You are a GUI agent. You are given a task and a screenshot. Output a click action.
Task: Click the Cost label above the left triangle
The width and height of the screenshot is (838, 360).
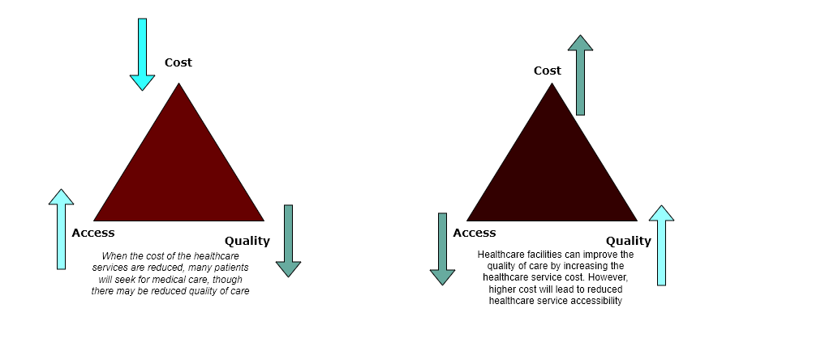coord(178,62)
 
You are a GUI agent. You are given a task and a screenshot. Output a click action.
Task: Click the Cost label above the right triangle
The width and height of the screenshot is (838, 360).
coord(548,71)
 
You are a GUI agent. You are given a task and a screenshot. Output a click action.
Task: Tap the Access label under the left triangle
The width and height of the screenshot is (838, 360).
coord(93,233)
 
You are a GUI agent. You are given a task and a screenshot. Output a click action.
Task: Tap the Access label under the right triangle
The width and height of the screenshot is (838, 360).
coord(475,233)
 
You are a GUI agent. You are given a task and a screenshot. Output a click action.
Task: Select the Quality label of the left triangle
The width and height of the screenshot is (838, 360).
coord(247,241)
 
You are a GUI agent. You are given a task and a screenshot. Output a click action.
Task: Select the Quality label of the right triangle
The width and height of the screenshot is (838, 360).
coord(629,241)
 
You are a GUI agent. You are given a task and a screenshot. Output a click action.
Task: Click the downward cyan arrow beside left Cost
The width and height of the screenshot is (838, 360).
coord(142,54)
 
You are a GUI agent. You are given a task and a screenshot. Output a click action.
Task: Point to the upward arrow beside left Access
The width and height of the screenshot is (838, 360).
coord(61,229)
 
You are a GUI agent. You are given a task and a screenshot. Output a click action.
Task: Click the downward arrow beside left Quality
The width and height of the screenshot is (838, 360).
coord(288,241)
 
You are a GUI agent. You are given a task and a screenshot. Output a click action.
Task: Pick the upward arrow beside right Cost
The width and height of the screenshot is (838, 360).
coord(580,75)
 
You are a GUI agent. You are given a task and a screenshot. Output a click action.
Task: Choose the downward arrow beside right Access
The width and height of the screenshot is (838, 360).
coord(442,249)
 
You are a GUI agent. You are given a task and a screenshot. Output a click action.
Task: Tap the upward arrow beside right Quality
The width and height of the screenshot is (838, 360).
coord(662,245)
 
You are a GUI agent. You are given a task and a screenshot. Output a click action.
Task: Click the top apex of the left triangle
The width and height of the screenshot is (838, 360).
coord(178,83)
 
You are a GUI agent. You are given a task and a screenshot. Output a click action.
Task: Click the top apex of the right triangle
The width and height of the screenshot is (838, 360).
coord(552,83)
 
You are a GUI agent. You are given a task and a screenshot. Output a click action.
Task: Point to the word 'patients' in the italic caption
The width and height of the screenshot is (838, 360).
coord(231,268)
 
